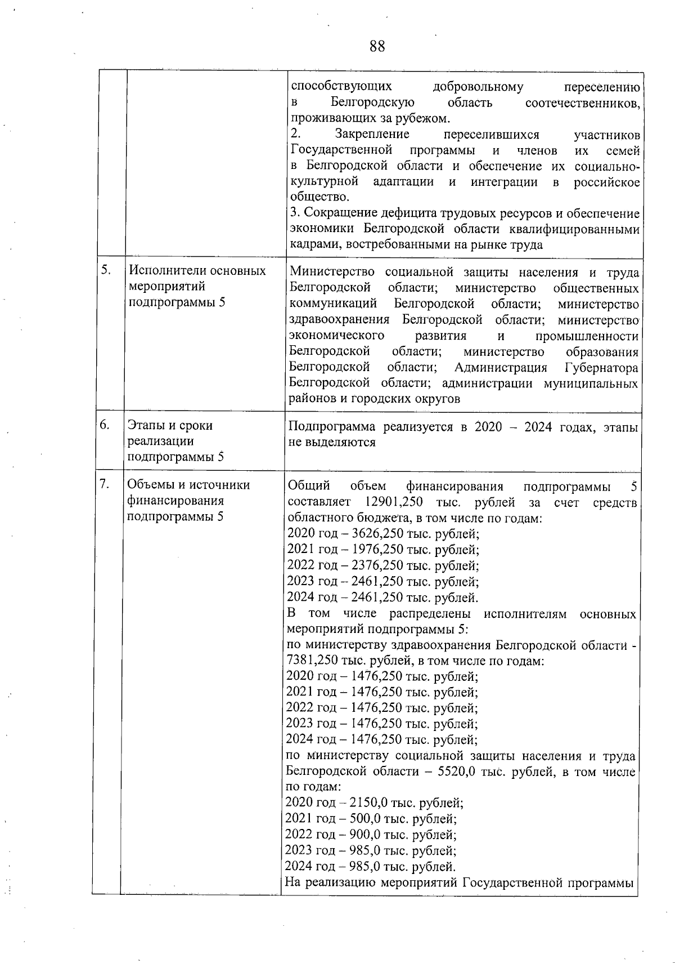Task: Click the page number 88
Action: click(377, 47)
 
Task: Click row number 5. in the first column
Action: click(105, 270)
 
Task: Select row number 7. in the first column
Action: click(105, 484)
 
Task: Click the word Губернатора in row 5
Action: click(601, 368)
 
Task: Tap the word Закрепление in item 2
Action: click(372, 135)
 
